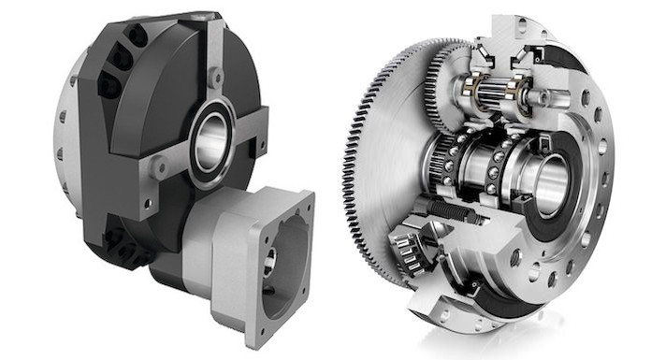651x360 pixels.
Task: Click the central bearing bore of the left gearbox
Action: tap(213, 143)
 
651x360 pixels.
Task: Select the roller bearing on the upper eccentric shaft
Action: tap(490, 94)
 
